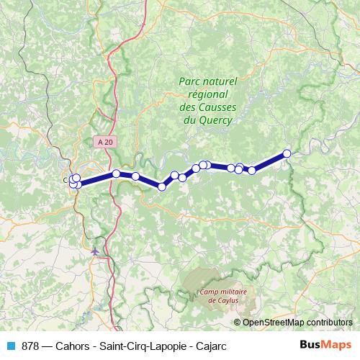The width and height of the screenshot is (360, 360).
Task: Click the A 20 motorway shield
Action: point(106,143)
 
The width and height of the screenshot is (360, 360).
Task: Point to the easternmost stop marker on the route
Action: point(287,153)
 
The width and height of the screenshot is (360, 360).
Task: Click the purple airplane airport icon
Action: point(96,251)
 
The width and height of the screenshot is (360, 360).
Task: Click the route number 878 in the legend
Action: point(30,345)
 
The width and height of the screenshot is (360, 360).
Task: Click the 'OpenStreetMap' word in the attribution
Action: point(275,322)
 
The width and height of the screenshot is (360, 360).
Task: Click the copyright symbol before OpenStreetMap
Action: point(238,322)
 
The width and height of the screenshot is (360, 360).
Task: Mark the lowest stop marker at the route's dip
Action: point(162,186)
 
